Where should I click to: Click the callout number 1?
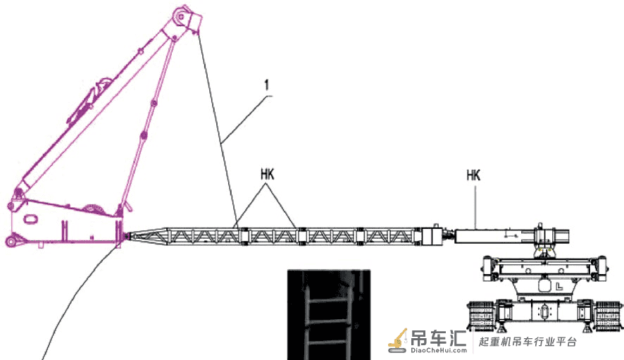[267, 85]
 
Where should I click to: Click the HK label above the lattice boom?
[268, 175]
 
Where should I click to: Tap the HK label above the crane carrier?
[473, 175]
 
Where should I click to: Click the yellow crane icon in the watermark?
[398, 341]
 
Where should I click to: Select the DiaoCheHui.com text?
[439, 350]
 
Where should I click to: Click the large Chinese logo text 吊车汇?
[439, 337]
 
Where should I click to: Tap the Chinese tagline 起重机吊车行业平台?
[528, 342]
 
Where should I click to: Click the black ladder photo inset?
[329, 315]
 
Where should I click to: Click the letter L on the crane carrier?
[559, 286]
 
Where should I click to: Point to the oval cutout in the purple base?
[32, 219]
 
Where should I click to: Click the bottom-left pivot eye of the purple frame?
[11, 241]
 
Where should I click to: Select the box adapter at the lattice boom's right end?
[432, 237]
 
